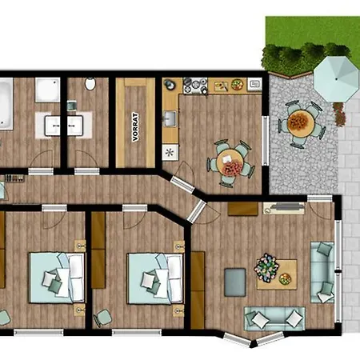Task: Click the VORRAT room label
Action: coord(135,127)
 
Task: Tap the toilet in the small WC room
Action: coord(90,83)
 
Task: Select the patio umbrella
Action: coord(336,79)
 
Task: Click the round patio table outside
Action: coord(301,123)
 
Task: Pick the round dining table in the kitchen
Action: coord(230,162)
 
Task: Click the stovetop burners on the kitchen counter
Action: coord(195,85)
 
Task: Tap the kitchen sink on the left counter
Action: coord(170,118)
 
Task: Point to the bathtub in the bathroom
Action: coord(6,104)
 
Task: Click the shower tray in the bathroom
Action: coord(47,90)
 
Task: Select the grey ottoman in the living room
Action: coord(235,282)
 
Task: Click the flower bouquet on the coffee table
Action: coord(266,267)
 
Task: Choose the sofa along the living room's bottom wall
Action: coord(274,318)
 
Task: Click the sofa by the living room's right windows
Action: coord(322,272)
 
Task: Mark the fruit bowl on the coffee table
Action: coord(285,279)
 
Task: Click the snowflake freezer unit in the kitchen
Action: coord(170,152)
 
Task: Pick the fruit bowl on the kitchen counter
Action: coord(237,85)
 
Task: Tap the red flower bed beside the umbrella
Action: coord(339,114)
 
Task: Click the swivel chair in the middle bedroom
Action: coord(102,318)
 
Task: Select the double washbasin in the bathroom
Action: coord(64,126)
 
